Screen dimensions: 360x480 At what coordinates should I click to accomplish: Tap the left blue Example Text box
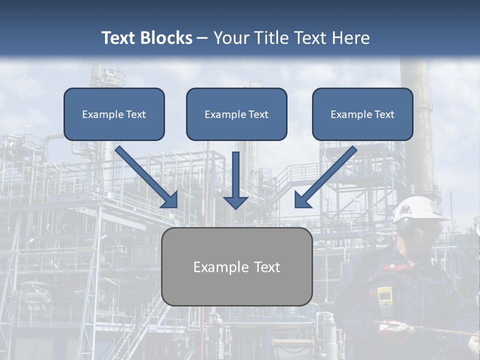click(114, 114)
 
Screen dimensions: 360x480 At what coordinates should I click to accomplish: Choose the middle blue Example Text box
click(236, 114)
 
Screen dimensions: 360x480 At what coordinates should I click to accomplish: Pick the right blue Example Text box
click(362, 114)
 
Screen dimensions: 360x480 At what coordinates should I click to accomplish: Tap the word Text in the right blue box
click(384, 114)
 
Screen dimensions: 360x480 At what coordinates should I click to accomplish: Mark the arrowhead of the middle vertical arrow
click(235, 202)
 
